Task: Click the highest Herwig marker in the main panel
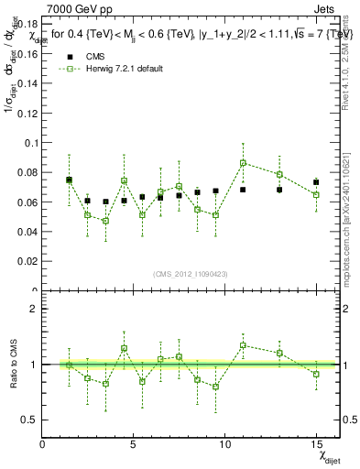point(243,163)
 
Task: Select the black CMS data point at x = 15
point(316,182)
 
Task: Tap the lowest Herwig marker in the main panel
point(105,221)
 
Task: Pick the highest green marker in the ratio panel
point(243,345)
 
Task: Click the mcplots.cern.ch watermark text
point(349,211)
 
